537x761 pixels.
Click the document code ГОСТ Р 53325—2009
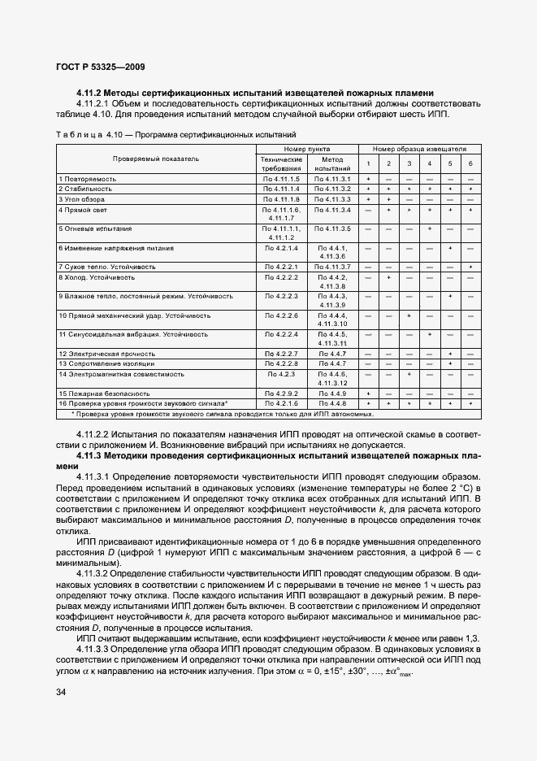tap(101, 67)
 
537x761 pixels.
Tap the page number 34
tap(61, 692)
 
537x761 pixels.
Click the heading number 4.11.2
tap(93, 93)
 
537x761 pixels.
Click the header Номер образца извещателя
tap(419, 150)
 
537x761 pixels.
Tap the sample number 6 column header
tap(470, 163)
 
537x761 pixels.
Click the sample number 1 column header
tap(368, 163)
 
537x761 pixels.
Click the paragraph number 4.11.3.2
tap(96, 573)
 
